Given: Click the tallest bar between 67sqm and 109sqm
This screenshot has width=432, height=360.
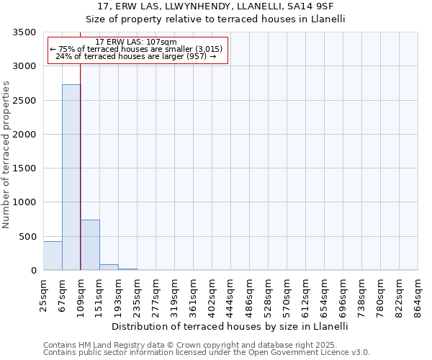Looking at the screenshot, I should [x=71, y=177].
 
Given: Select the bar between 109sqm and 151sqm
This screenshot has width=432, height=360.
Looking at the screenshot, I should [x=90, y=245].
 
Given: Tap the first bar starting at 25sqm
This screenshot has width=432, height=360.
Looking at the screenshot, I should [x=53, y=256].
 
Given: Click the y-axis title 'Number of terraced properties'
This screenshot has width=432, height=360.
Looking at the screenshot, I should [x=6, y=155].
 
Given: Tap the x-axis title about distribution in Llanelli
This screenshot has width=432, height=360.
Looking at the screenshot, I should [x=230, y=326].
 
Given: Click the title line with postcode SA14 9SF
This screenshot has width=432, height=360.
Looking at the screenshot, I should [x=216, y=7].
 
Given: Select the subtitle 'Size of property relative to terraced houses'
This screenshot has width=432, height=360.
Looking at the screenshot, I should [x=216, y=20].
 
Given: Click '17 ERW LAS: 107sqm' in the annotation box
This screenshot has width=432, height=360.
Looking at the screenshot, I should [x=137, y=42].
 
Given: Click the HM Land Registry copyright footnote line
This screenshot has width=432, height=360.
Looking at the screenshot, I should [x=191, y=345].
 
